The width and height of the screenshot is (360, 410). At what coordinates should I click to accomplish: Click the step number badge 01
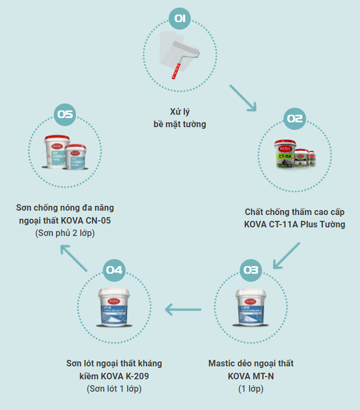pos(180,19)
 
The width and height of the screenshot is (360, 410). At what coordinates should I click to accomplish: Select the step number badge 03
pos(251,270)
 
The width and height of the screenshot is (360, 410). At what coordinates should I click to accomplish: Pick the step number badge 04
pos(114,270)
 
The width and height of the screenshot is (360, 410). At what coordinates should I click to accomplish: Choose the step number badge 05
pos(65,114)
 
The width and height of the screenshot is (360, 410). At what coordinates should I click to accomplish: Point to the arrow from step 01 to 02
pos(242,98)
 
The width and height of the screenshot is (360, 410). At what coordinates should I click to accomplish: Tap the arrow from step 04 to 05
pos(74,257)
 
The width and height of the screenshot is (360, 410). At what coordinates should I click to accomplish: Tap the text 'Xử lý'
pos(179,112)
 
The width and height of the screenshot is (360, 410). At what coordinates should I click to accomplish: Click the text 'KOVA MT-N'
pos(251,376)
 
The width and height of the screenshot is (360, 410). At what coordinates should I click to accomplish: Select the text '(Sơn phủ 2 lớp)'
pos(64,233)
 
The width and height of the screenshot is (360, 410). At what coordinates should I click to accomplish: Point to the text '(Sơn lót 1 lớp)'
pos(114,388)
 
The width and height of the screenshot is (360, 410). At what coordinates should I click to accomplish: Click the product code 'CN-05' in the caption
pos(100,220)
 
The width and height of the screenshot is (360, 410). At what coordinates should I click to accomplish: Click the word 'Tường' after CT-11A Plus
pos(331,224)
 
